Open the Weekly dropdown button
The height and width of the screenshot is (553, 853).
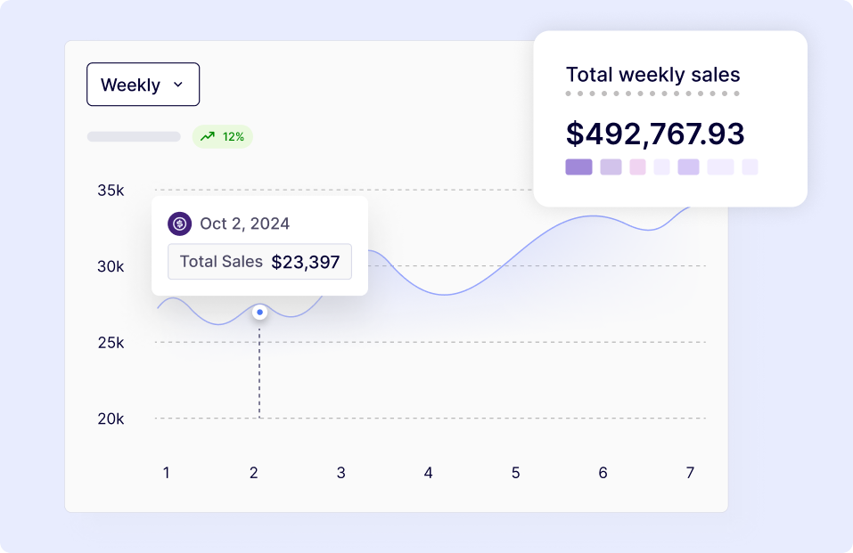(x=143, y=85)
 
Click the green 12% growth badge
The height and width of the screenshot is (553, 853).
(x=223, y=136)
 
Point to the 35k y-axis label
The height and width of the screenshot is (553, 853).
(x=111, y=190)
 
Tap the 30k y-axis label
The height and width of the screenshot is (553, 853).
(x=111, y=266)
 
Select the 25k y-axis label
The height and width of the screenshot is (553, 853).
(x=111, y=342)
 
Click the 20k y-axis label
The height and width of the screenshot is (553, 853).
(x=111, y=419)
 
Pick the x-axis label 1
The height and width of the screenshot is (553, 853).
(x=166, y=473)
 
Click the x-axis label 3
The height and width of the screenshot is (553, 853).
(x=340, y=473)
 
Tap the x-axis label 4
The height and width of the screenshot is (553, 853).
(x=428, y=473)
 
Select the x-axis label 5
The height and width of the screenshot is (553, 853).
(x=515, y=473)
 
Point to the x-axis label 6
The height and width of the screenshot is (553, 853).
(x=603, y=473)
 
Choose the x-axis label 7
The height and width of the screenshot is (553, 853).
(x=690, y=473)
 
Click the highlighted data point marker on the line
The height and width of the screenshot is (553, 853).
(x=259, y=313)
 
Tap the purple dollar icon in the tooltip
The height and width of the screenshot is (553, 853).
(x=180, y=224)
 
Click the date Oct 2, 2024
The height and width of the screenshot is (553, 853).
(x=244, y=224)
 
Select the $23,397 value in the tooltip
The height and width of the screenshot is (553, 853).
(x=305, y=262)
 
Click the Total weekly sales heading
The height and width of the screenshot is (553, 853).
(x=652, y=75)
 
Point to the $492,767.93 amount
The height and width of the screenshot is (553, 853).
(x=654, y=134)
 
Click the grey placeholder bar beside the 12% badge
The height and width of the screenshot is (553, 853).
(x=134, y=136)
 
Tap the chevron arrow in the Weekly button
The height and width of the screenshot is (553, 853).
(x=177, y=85)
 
